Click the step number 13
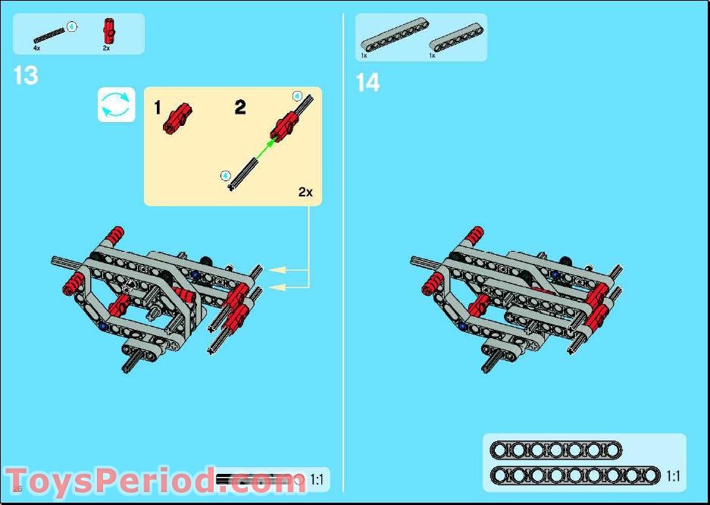pyautogui.click(x=26, y=76)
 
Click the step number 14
pyautogui.click(x=368, y=83)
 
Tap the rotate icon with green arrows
pyautogui.click(x=116, y=105)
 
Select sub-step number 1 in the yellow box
pyautogui.click(x=158, y=108)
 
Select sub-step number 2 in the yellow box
pyautogui.click(x=240, y=108)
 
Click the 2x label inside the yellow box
pyautogui.click(x=305, y=193)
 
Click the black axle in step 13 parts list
pyautogui.click(x=50, y=34)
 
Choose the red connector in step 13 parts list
pyautogui.click(x=108, y=32)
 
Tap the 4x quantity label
pyautogui.click(x=36, y=48)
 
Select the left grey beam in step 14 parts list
pyautogui.click(x=391, y=37)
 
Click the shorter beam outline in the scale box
pyautogui.click(x=555, y=450)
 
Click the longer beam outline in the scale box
pyautogui.click(x=575, y=475)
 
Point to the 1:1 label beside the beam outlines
pyautogui.click(x=673, y=476)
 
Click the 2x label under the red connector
pyautogui.click(x=107, y=48)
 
